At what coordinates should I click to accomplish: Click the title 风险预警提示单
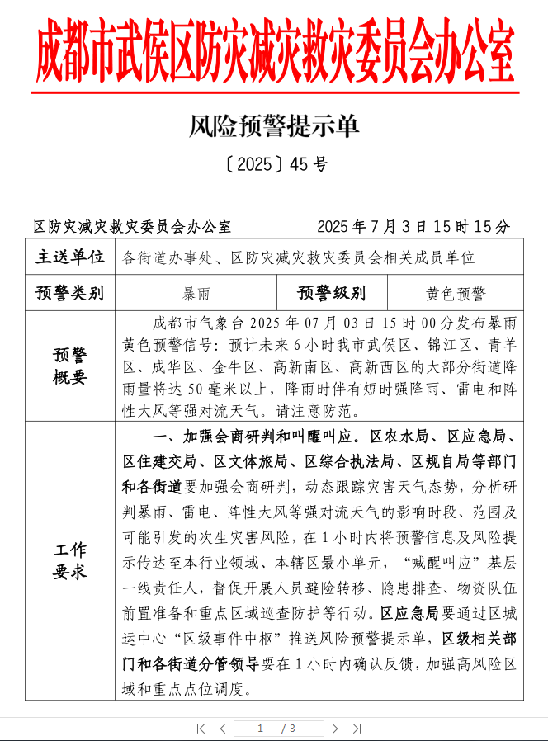click(x=274, y=126)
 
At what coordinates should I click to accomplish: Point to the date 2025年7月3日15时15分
click(x=413, y=226)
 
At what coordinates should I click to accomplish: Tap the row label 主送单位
click(x=70, y=257)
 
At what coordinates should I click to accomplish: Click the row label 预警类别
click(x=70, y=293)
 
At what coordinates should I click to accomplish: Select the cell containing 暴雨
click(x=196, y=293)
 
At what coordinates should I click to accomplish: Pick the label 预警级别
click(x=332, y=293)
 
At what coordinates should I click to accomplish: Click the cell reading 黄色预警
click(x=456, y=293)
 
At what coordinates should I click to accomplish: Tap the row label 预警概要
click(x=70, y=366)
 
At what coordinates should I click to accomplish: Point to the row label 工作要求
click(x=70, y=560)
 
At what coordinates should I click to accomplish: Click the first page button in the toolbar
click(x=201, y=729)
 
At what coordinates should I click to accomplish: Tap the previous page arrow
click(x=222, y=729)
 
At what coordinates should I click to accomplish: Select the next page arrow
click(x=335, y=729)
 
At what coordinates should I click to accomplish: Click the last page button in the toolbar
click(x=357, y=729)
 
